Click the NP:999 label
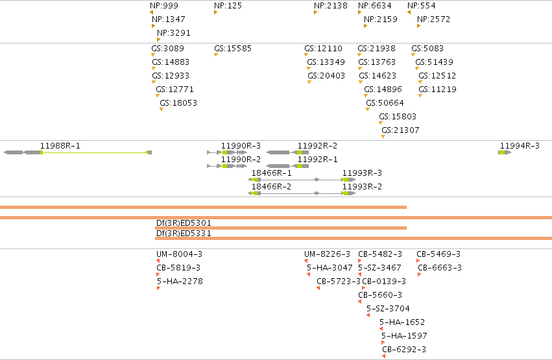click(164, 6)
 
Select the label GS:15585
click(233, 48)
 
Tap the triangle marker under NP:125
click(215, 12)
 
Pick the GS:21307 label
click(400, 130)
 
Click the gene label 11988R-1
click(60, 146)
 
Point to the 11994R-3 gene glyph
click(505, 152)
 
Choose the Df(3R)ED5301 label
click(184, 222)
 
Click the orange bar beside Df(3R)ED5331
click(354, 239)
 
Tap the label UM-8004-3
click(179, 254)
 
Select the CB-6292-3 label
click(404, 350)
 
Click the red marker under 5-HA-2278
click(158, 288)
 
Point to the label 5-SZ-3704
click(388, 309)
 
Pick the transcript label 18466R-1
click(271, 173)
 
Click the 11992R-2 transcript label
click(317, 146)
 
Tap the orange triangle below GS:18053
click(162, 110)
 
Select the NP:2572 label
click(433, 19)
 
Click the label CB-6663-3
click(440, 268)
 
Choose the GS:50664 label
click(385, 103)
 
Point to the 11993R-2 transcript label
click(362, 187)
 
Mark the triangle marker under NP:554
click(409, 12)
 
